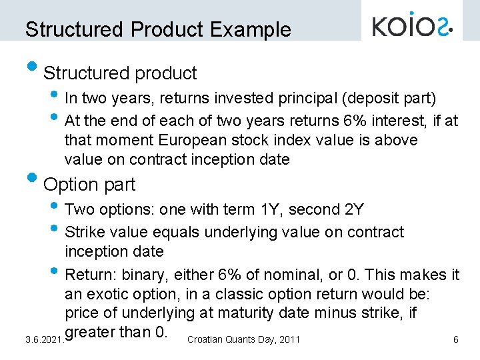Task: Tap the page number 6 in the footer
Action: click(x=455, y=340)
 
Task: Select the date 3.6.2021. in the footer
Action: click(x=44, y=340)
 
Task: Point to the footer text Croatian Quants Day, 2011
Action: click(x=244, y=340)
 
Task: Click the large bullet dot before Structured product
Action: click(x=31, y=67)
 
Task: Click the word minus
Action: click(x=354, y=313)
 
